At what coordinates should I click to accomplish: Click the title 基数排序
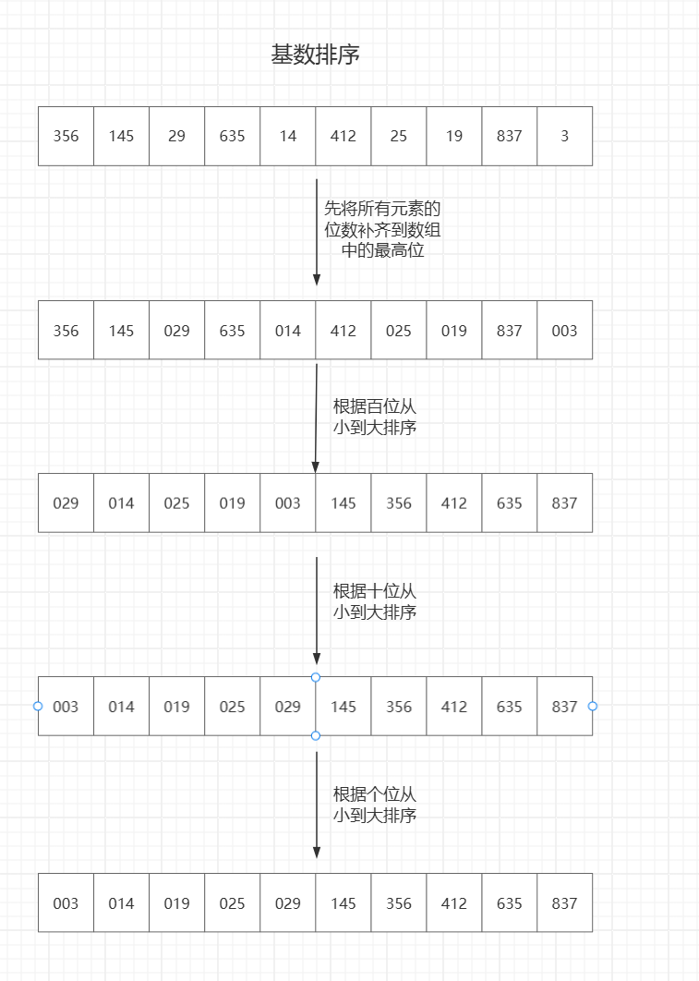point(315,55)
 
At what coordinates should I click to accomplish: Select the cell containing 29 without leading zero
point(176,136)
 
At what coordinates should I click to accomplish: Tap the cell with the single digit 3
point(564,136)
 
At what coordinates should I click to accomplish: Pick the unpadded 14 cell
point(287,136)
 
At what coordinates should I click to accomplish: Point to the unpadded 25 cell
point(398,136)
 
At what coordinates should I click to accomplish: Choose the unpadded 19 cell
point(453,136)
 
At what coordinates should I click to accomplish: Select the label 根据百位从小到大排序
point(375,417)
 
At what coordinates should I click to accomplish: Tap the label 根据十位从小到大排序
point(375,601)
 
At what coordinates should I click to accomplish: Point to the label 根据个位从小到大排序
point(375,805)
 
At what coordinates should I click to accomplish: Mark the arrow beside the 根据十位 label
point(316,610)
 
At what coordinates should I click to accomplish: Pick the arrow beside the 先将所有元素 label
point(316,231)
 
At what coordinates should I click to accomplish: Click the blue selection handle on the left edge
point(38,706)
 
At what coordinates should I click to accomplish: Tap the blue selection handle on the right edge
point(593,706)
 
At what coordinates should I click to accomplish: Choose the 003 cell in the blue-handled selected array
point(66,707)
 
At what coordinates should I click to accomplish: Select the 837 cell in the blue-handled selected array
point(564,707)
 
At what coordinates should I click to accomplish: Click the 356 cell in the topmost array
point(66,136)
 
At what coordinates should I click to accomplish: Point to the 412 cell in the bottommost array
point(453,902)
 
